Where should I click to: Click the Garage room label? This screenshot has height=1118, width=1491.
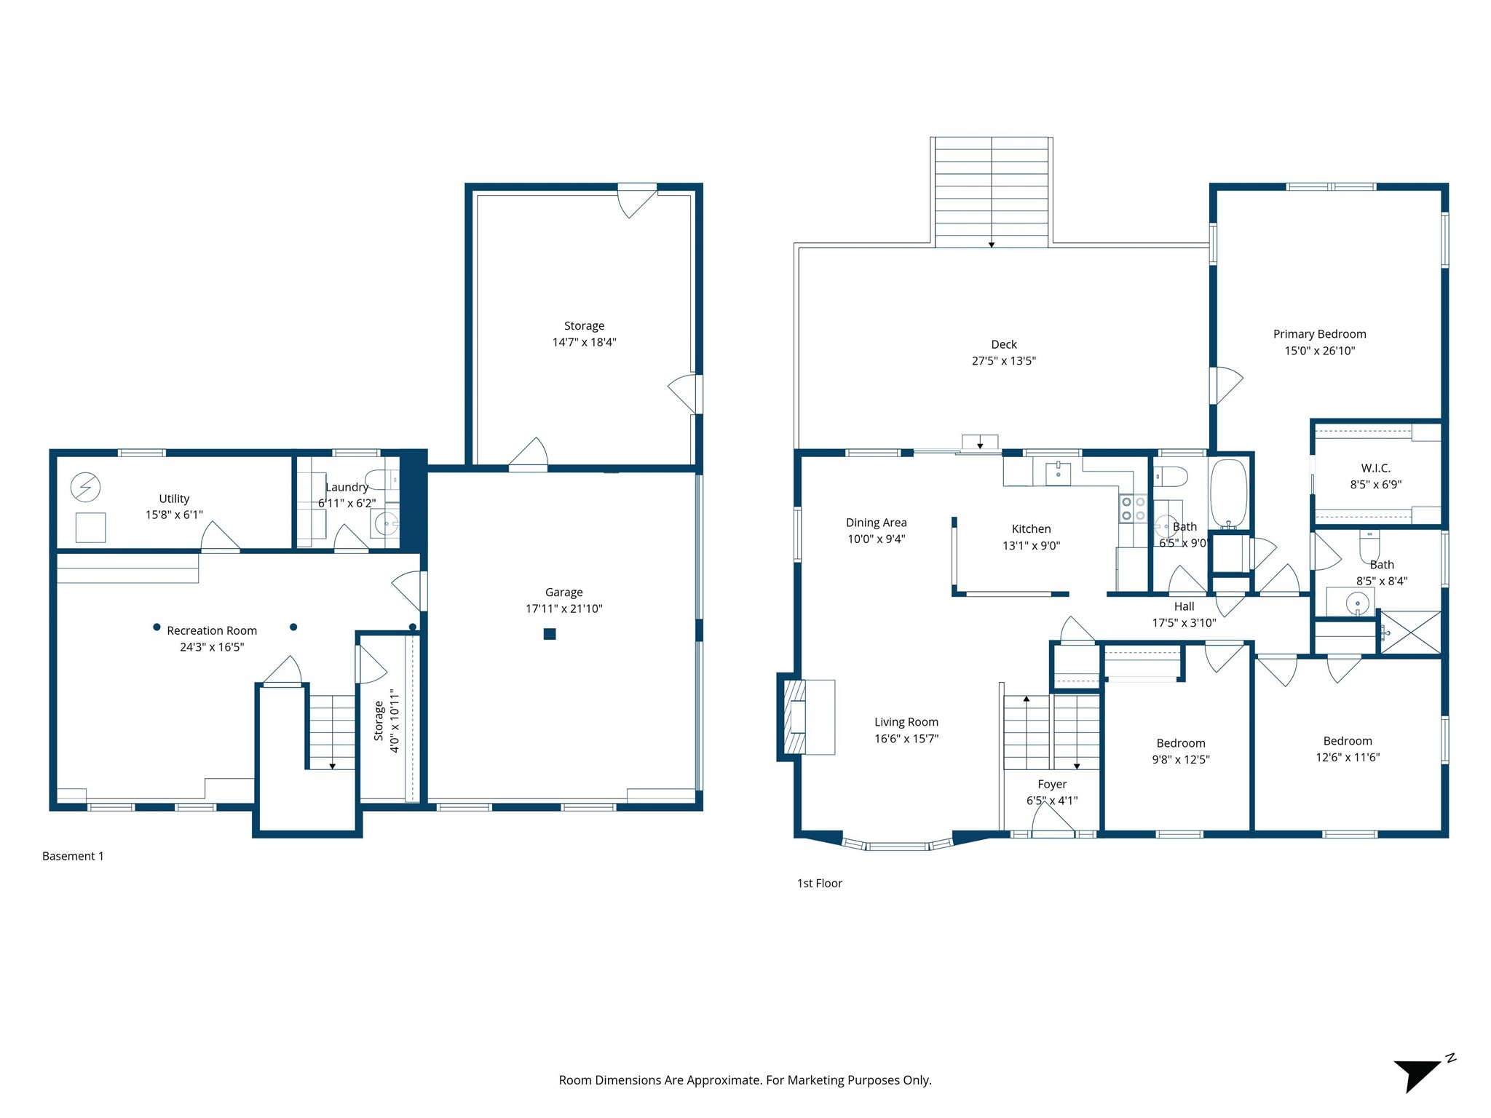(x=563, y=592)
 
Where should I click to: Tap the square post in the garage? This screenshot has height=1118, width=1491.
(x=550, y=634)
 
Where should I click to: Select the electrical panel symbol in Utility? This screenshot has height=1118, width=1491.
(x=85, y=487)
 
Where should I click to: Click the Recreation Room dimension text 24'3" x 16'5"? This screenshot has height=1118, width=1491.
(x=212, y=646)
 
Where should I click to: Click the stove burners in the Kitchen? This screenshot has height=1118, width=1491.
(x=1133, y=508)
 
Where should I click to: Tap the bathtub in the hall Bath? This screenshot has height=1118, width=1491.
(x=1228, y=493)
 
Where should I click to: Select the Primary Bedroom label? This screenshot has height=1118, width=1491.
(x=1319, y=334)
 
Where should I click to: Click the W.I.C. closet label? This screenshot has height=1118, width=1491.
(x=1375, y=468)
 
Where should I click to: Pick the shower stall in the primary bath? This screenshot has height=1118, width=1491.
(x=1411, y=633)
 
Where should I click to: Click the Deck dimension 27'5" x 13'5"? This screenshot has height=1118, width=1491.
(x=1003, y=360)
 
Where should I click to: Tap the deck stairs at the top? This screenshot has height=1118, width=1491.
(x=991, y=192)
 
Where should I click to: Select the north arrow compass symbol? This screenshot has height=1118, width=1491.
(x=1420, y=1074)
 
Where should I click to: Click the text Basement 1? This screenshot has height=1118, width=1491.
(x=73, y=856)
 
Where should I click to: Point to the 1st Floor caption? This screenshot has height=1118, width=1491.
(x=819, y=883)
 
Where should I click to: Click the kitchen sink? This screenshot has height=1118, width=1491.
(x=1058, y=473)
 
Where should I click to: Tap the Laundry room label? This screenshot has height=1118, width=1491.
(x=347, y=487)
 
